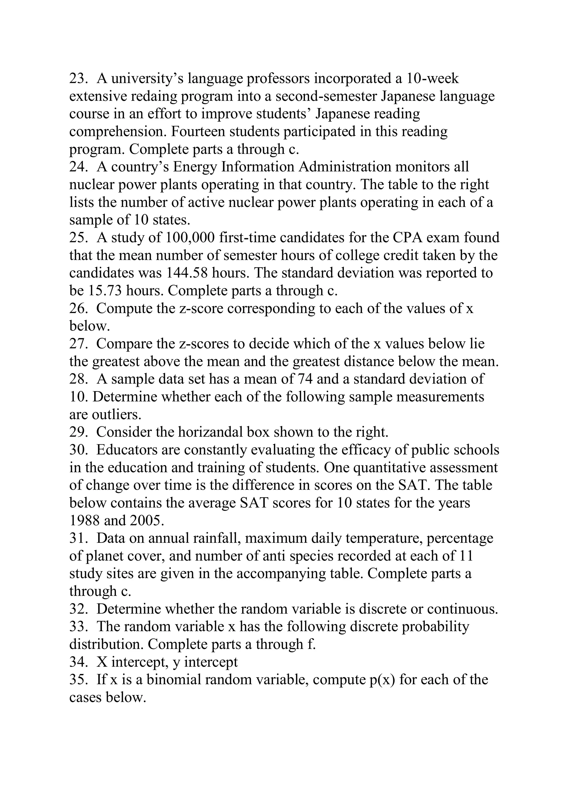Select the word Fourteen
(x=198, y=132)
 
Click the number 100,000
(x=190, y=238)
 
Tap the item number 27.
(x=78, y=344)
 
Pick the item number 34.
(x=78, y=662)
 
